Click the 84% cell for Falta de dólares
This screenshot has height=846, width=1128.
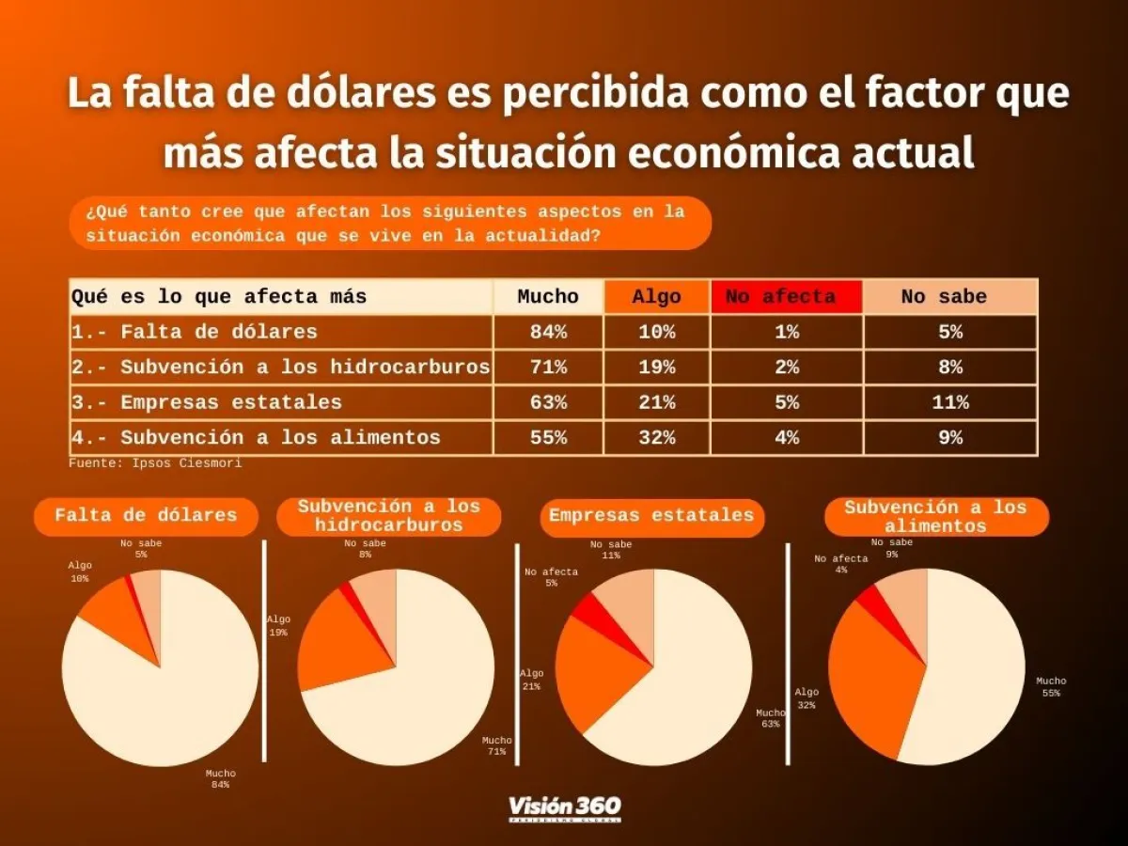click(548, 332)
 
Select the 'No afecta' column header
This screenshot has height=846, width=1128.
click(786, 297)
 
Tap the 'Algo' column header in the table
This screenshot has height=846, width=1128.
click(656, 297)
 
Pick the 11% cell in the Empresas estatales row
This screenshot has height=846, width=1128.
click(949, 402)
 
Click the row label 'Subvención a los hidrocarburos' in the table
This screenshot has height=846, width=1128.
click(281, 368)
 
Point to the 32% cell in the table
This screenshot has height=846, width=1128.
click(656, 437)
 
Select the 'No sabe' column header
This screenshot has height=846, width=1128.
click(949, 297)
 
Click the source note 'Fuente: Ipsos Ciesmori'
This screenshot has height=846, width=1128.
click(155, 463)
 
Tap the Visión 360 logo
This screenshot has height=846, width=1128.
click(564, 808)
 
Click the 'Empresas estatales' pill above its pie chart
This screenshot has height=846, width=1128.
click(651, 516)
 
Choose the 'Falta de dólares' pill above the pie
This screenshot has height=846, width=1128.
click(146, 516)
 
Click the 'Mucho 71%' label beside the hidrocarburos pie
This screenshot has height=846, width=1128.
click(497, 745)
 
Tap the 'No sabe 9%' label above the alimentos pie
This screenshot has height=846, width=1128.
click(891, 548)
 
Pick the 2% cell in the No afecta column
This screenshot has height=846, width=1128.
click(786, 368)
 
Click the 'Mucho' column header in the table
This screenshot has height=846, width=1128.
click(548, 297)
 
